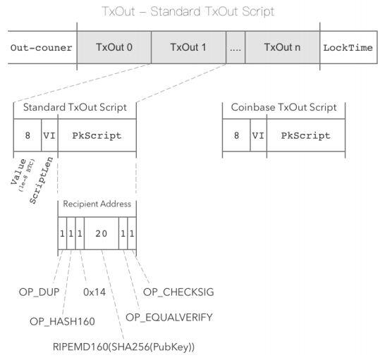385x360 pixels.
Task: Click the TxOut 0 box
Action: pyautogui.click(x=114, y=47)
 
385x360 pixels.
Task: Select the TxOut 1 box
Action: pyautogui.click(x=188, y=47)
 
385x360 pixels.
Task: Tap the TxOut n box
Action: pyautogui.click(x=282, y=47)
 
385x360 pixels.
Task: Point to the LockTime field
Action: pyautogui.click(x=348, y=47)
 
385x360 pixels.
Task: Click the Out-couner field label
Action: pyautogui.click(x=41, y=48)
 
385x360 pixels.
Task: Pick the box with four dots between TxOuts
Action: pyautogui.click(x=236, y=47)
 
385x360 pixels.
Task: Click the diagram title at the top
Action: pyautogui.click(x=188, y=11)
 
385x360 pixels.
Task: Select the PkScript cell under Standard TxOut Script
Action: pyautogui.click(x=97, y=135)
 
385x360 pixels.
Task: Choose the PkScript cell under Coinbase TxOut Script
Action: pyautogui.click(x=306, y=135)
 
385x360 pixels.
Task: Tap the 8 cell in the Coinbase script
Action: pyautogui.click(x=236, y=135)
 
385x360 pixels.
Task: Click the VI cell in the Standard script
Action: pyautogui.click(x=49, y=135)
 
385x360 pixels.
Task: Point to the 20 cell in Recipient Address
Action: pyautogui.click(x=102, y=233)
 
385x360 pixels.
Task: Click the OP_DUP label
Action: pyautogui.click(x=39, y=292)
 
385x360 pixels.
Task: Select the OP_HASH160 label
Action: pyautogui.click(x=62, y=321)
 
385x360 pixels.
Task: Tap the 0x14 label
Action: pyautogui.click(x=94, y=292)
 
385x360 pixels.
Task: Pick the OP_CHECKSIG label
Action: pyautogui.click(x=178, y=292)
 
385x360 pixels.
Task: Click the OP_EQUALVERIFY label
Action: pyautogui.click(x=169, y=317)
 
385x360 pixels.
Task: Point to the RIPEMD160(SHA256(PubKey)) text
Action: pyautogui.click(x=124, y=347)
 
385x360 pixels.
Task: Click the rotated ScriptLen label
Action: pyautogui.click(x=41, y=180)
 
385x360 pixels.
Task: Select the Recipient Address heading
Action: pyautogui.click(x=97, y=204)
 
